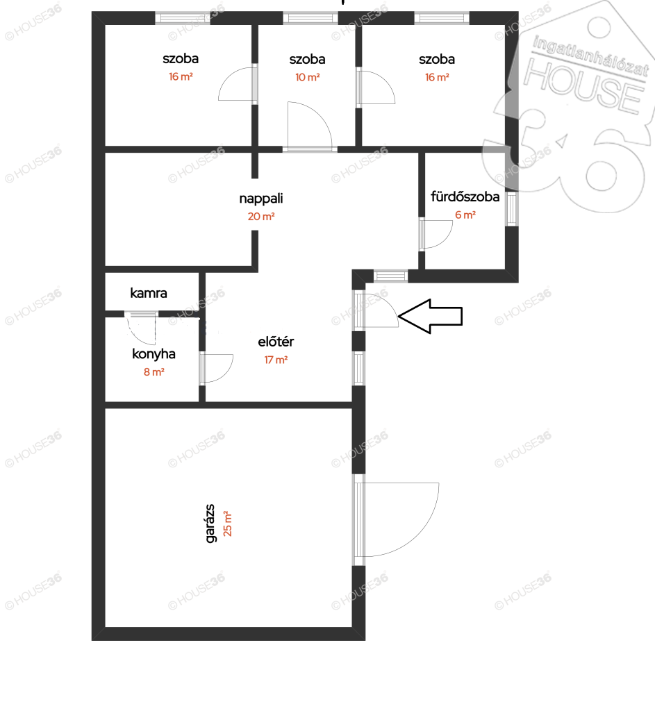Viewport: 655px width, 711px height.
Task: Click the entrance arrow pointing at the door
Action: pyautogui.click(x=430, y=316)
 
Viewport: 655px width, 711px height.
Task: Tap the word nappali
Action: pyautogui.click(x=261, y=199)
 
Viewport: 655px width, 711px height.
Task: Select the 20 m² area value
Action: pyautogui.click(x=261, y=217)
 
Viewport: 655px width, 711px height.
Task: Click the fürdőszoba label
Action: pyautogui.click(x=465, y=196)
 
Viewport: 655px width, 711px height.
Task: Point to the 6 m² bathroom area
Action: pyautogui.click(x=465, y=215)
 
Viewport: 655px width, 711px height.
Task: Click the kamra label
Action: pyautogui.click(x=149, y=293)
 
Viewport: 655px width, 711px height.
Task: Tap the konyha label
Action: pyautogui.click(x=154, y=353)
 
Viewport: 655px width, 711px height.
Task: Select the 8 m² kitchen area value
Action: pyautogui.click(x=154, y=372)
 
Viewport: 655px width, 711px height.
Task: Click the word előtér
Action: pyautogui.click(x=276, y=342)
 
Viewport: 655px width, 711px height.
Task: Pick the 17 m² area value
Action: pyautogui.click(x=276, y=360)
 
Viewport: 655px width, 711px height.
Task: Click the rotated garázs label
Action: pyautogui.click(x=210, y=524)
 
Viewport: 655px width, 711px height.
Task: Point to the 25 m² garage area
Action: pyautogui.click(x=228, y=524)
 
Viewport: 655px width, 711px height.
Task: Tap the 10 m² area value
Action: pyautogui.click(x=307, y=78)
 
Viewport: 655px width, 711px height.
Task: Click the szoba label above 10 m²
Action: pyautogui.click(x=307, y=60)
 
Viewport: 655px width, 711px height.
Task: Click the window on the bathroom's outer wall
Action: pyautogui.click(x=512, y=208)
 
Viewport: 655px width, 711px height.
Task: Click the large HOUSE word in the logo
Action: pyautogui.click(x=583, y=86)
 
